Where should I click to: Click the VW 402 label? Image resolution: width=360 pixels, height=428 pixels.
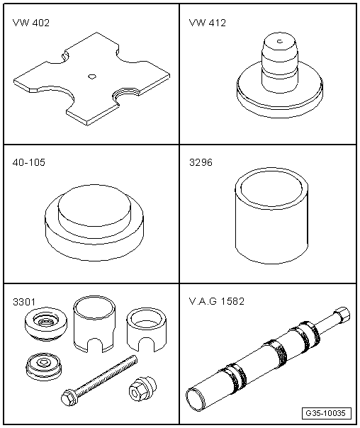pos(31,23)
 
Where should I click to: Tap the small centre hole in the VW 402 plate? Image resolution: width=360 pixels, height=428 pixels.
pos(92,76)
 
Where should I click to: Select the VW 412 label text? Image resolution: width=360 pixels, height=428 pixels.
pos(208,23)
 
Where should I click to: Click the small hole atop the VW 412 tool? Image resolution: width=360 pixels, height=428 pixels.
pos(280,41)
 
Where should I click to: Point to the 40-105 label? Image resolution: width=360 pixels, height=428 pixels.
pos(28,162)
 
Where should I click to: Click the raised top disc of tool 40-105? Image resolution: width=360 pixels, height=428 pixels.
pos(94,205)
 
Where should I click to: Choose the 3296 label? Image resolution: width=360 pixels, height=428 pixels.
pos(201,162)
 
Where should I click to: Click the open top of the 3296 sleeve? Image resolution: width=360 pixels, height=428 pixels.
pos(272,188)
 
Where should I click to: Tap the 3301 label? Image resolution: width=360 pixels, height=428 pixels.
pos(24,302)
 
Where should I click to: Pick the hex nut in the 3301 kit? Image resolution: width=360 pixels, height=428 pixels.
pos(142,389)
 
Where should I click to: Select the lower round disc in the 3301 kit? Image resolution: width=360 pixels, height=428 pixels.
pos(44,366)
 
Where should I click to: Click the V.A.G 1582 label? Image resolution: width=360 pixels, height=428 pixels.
pos(216,301)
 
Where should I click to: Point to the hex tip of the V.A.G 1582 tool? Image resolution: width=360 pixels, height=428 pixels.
pos(341,314)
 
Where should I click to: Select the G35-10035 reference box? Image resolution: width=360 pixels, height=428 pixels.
pos(327,413)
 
